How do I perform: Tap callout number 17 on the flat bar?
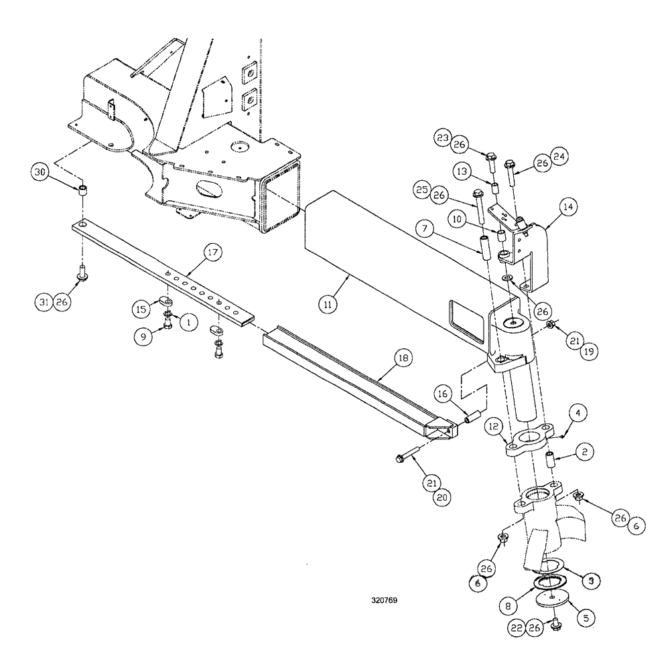pyautogui.click(x=212, y=253)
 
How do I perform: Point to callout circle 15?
pyautogui.click(x=141, y=310)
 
